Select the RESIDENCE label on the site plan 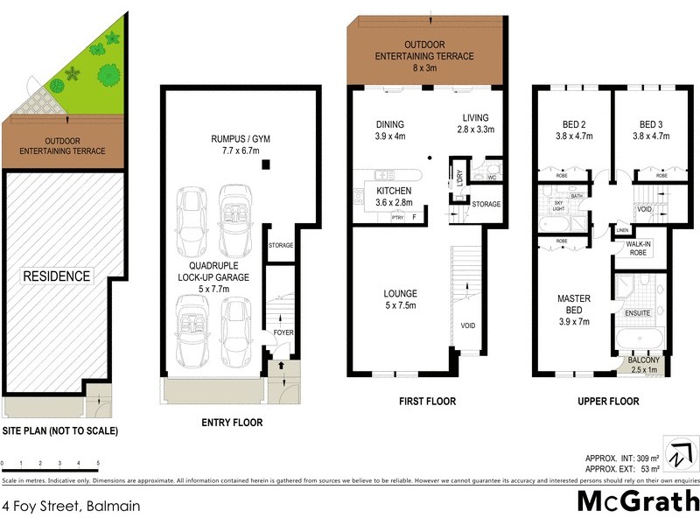coord(57,276)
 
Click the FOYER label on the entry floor coord(282,332)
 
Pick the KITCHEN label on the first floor coord(394,196)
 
